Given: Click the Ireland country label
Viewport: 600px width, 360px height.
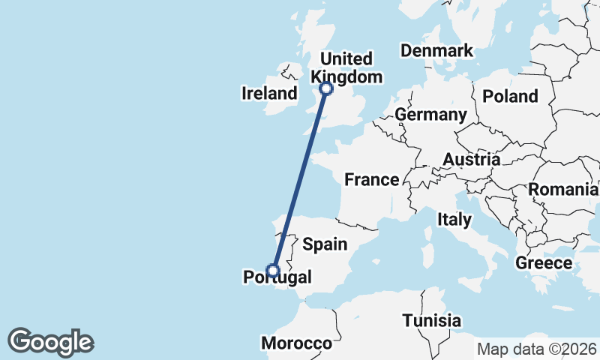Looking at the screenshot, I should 269,94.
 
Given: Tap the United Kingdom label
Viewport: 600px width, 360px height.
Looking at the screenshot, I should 346,67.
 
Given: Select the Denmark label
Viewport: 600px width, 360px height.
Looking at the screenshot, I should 436,51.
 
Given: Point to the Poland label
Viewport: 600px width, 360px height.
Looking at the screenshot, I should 511,96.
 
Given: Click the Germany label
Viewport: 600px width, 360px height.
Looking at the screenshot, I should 430,115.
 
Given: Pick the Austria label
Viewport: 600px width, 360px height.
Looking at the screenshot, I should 471,159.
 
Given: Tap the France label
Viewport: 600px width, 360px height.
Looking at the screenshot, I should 371,179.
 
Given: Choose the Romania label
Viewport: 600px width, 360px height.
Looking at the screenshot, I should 562,190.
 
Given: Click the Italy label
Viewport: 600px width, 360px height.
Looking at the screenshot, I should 454,220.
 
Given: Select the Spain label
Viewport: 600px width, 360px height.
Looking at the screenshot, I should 325,244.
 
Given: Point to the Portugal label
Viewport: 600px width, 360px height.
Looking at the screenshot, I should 277,278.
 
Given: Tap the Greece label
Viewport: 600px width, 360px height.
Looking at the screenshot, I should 544,263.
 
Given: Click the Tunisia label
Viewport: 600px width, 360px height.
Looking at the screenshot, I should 431,321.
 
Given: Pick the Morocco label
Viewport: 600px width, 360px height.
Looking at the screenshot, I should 296,343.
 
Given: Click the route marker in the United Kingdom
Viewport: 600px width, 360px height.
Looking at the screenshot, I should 326,88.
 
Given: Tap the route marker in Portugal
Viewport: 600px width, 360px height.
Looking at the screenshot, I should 273,271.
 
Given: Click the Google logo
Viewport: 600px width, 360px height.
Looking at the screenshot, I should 50,342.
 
